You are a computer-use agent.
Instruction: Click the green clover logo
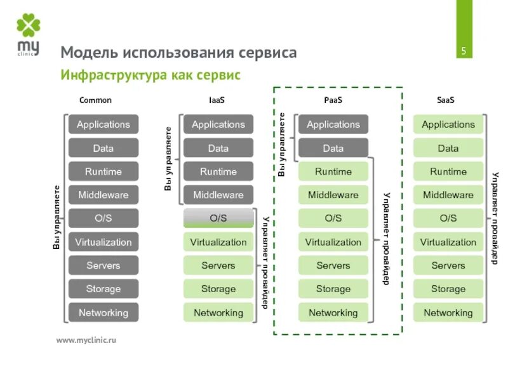coord(29,26)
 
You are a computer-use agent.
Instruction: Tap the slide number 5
coord(464,51)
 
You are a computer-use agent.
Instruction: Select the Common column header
coord(95,100)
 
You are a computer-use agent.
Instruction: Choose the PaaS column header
coord(333,100)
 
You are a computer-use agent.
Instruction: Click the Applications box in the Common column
coord(103,124)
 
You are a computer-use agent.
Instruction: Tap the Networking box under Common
coord(103,312)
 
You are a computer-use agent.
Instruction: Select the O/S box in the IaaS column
coord(218,218)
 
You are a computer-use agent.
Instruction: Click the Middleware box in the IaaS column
coord(218,195)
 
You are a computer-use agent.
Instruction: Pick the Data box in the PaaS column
coord(333,148)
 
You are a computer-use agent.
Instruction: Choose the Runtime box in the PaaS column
coord(333,171)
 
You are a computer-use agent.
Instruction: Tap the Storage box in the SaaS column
coord(448,289)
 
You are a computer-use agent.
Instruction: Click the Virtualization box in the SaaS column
coord(448,242)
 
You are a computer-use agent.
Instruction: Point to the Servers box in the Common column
coord(103,265)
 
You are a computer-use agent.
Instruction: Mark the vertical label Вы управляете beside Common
coord(56,217)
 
